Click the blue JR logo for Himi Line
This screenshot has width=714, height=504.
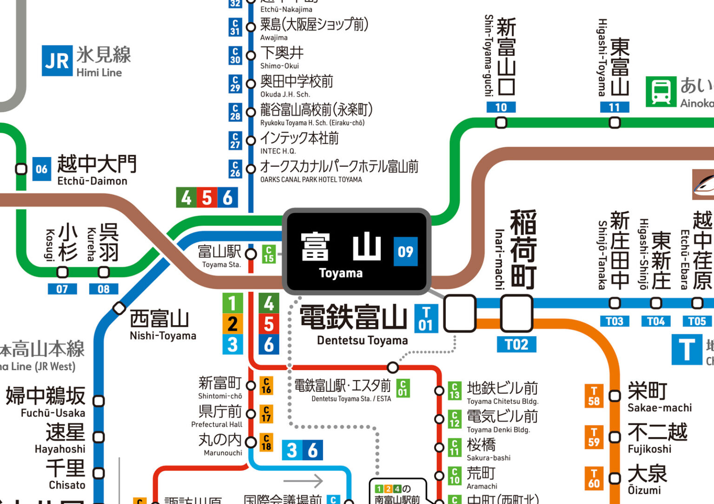pos(57,61)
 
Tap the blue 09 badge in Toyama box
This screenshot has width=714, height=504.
pos(405,252)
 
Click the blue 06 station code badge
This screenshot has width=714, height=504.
pos(41,169)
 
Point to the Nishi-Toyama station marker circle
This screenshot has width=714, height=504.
pos(119,308)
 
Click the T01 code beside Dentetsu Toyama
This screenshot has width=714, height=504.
pos(425,319)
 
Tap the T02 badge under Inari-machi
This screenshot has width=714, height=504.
pos(516,344)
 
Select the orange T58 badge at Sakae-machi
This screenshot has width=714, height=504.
pos(594,396)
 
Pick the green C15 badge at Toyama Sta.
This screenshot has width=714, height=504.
pos(269,254)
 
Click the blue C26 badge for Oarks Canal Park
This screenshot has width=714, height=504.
pos(235,169)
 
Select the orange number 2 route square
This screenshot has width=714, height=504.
pos(232,324)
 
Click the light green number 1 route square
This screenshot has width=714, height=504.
pos(232,303)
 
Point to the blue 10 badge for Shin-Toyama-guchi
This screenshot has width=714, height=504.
pos(501,107)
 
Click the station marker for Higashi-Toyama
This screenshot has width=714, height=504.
pos(615,123)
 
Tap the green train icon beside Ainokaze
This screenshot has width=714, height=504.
pos(661,92)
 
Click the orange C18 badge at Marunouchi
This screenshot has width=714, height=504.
pos(266,442)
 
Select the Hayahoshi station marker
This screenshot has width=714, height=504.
pos(99,437)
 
